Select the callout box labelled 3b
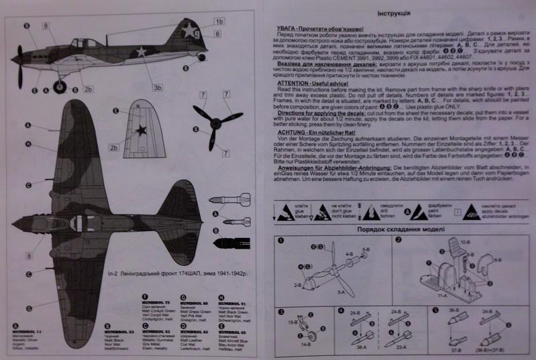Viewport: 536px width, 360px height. click(x=158, y=87)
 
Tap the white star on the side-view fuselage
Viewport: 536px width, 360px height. click(x=141, y=52)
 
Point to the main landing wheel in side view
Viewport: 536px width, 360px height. click(x=61, y=85)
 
